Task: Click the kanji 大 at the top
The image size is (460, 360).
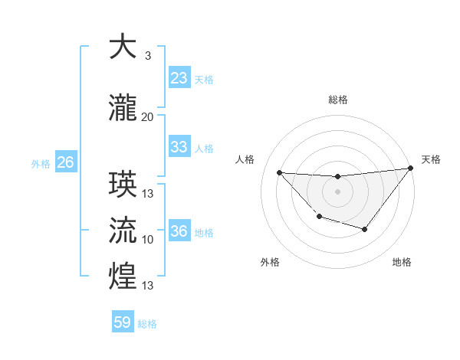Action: (x=123, y=47)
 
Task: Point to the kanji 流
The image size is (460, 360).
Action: (x=123, y=230)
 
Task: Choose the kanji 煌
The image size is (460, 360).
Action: (x=123, y=277)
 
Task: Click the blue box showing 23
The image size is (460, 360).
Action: (x=179, y=78)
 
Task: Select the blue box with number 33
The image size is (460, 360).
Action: (x=179, y=147)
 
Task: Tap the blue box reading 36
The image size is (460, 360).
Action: (x=179, y=231)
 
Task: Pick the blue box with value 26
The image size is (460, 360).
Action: (x=65, y=162)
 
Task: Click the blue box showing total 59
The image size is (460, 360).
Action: (x=123, y=322)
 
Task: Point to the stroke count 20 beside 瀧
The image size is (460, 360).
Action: (x=148, y=117)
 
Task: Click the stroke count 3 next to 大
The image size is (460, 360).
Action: (x=148, y=56)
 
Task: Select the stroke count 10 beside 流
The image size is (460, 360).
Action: (x=148, y=240)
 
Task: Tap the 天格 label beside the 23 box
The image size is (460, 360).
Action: (x=204, y=80)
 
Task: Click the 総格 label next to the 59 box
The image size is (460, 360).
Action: (x=147, y=324)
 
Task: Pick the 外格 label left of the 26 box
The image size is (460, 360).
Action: (x=41, y=163)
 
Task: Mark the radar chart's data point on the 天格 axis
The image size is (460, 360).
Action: (x=410, y=169)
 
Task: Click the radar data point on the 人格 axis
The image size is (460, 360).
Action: (x=280, y=172)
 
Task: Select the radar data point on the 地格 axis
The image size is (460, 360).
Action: (x=365, y=229)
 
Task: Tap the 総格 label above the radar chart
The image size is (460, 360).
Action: (x=337, y=100)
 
